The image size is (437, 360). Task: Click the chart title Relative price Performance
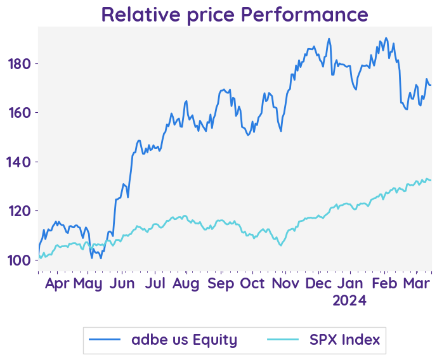click(x=234, y=15)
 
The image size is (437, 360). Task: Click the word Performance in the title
click(x=308, y=15)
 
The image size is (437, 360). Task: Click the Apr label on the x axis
click(x=57, y=283)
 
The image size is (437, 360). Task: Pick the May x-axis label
click(x=88, y=283)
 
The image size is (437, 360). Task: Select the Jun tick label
click(x=122, y=283)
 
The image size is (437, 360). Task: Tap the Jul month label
click(x=155, y=283)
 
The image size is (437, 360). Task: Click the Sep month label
click(x=221, y=283)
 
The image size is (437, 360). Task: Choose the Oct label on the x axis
click(x=253, y=283)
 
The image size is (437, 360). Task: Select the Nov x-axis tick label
click(x=286, y=283)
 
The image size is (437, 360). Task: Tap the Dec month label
click(x=318, y=283)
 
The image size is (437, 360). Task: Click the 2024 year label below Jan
click(x=349, y=301)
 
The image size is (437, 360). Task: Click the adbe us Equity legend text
click(x=184, y=340)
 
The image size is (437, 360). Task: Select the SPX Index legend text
click(x=344, y=340)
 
